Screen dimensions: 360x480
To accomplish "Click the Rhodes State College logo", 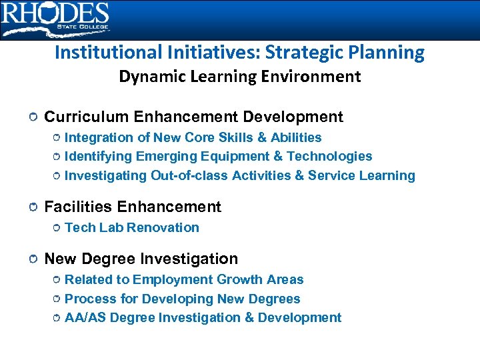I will (55, 19).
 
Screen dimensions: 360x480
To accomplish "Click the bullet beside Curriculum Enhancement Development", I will (33, 118).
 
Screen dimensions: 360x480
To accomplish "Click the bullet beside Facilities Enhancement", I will (33, 208).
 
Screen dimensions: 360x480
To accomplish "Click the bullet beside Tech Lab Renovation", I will (56, 228).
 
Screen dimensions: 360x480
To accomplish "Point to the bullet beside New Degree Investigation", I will (33, 259).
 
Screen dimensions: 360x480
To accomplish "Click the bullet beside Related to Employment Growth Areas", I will (56, 280).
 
